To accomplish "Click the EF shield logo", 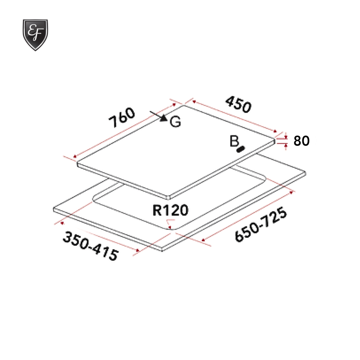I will pos(35,35).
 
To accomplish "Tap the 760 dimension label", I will pos(122,118).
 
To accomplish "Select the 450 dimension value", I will pos(238,104).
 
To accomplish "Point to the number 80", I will pos(301,141).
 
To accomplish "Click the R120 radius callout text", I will pos(170,210).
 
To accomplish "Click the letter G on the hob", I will pos(175,122).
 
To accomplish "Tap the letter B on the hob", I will pos(234,142).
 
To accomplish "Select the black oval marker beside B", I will pos(241,149).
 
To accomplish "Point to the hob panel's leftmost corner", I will pos(77,164).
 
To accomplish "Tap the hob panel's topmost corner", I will pos(183,105).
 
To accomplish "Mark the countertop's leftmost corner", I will pos(54,209).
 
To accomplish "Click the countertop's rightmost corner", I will pos(305,173).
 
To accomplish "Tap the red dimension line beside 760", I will pos(125,130).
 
